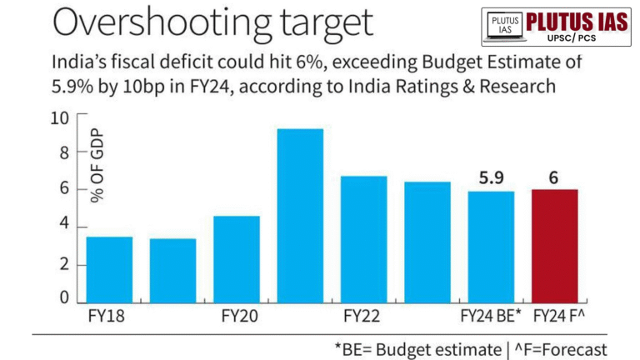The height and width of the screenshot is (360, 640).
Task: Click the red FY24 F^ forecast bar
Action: (x=554, y=247)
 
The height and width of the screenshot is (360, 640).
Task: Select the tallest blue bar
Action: (x=300, y=217)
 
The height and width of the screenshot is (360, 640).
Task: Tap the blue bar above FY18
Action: (x=109, y=270)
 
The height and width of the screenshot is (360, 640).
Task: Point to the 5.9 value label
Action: (x=491, y=177)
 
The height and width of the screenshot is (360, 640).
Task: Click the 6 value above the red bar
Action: (x=554, y=177)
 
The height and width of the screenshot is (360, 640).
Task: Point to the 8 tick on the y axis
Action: (x=64, y=153)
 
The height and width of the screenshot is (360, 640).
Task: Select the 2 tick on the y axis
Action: (x=64, y=266)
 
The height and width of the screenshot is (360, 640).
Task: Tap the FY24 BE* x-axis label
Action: (x=491, y=317)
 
